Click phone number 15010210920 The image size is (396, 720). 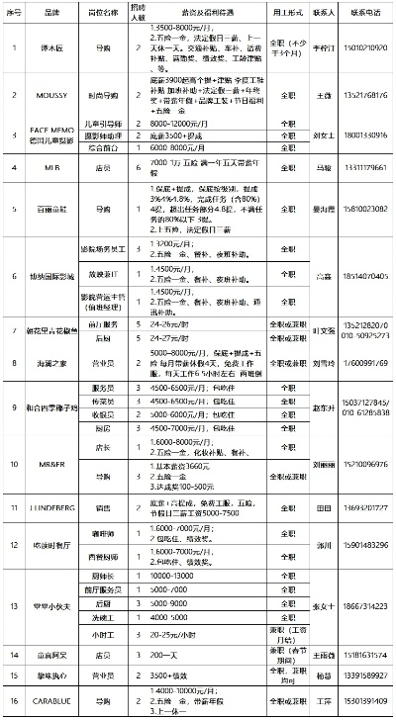(x=361, y=46)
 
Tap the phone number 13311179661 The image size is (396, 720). (x=361, y=169)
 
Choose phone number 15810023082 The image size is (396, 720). (x=361, y=210)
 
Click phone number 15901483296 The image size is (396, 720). (x=361, y=543)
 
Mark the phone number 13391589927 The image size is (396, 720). (x=361, y=675)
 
